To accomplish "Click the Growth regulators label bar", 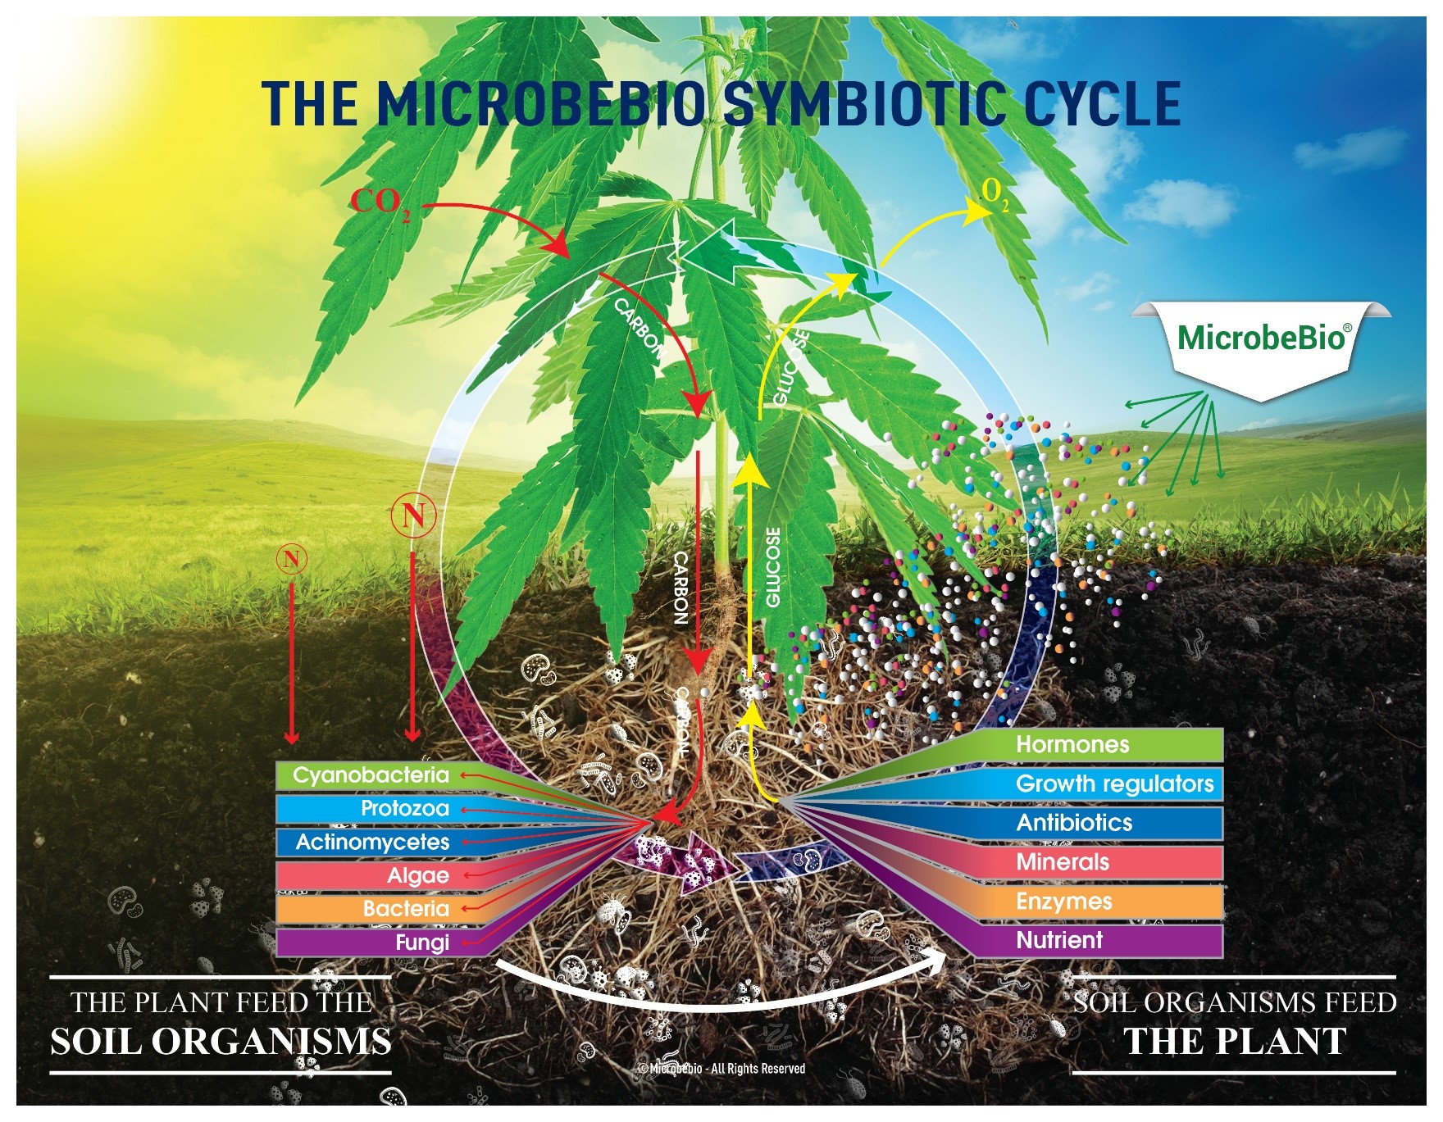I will (1114, 784).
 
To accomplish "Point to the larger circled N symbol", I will (413, 516).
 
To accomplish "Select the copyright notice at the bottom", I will (721, 1069).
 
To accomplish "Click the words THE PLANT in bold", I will (1234, 1042).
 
